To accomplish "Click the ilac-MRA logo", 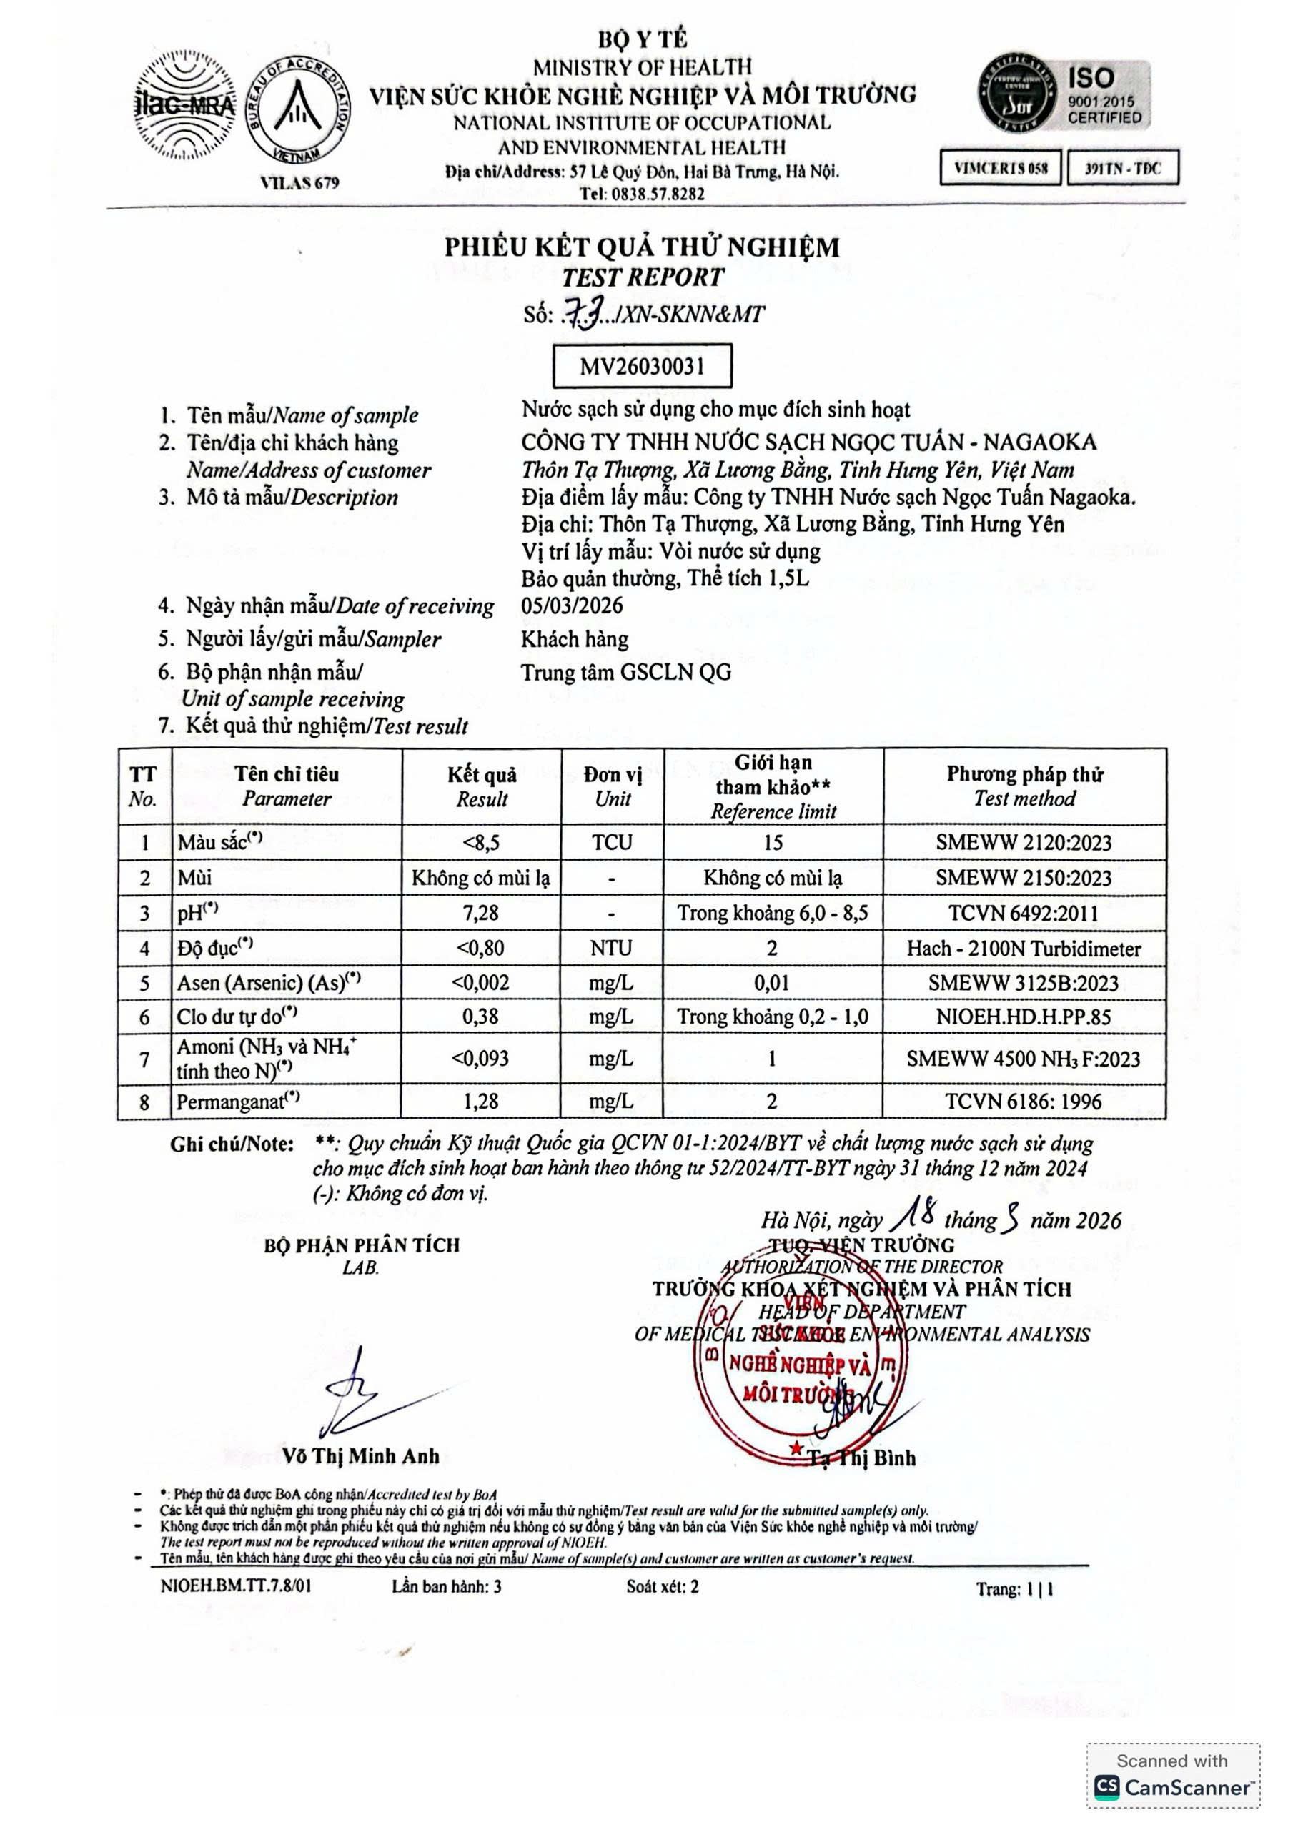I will (184, 105).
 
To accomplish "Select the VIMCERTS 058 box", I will (1001, 168).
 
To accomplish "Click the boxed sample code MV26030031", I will (642, 366).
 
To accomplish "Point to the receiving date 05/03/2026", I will (572, 605).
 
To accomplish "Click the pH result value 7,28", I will (481, 913).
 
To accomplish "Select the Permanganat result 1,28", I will (481, 1102).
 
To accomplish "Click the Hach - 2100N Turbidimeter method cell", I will (1024, 949).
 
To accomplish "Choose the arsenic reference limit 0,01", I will (772, 983).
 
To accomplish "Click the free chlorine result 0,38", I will (481, 1017).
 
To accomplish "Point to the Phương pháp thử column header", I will (1024, 785).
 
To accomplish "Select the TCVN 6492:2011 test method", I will (1024, 914).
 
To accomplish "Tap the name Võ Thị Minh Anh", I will (360, 1456).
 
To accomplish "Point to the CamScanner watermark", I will (1173, 1786).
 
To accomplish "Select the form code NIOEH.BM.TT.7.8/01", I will (236, 1586).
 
